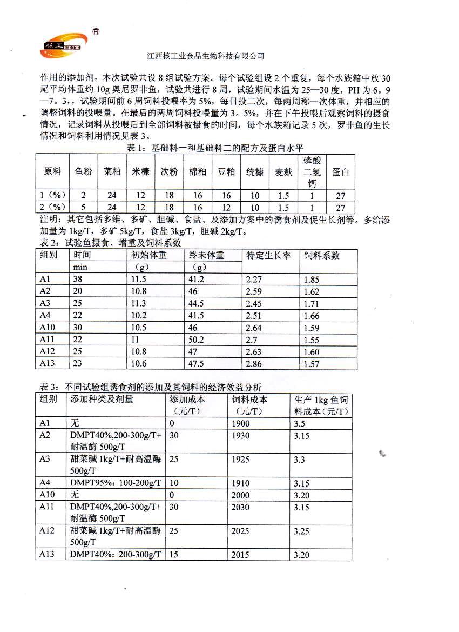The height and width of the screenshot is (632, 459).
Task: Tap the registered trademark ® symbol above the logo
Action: (x=96, y=31)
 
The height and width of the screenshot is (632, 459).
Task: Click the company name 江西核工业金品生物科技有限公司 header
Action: (x=205, y=56)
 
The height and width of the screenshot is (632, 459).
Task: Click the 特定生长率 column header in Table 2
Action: (x=268, y=255)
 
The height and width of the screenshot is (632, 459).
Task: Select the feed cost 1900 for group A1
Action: (x=240, y=424)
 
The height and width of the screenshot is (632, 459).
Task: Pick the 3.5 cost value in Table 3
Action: (x=300, y=424)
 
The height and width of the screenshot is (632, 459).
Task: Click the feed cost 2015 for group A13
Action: (x=240, y=555)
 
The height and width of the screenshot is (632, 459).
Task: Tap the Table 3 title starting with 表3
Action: (x=152, y=387)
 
